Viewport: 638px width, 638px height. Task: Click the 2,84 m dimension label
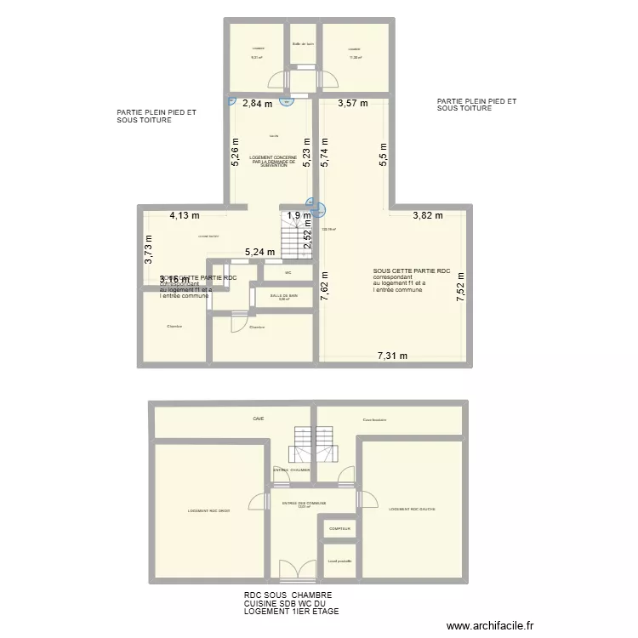point(257,105)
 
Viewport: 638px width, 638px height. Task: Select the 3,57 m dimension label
point(352,105)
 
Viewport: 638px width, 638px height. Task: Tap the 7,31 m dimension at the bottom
point(392,356)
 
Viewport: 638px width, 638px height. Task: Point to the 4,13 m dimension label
point(183,216)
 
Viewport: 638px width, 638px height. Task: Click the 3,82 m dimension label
point(428,216)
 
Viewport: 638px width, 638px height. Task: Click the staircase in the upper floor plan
point(296,235)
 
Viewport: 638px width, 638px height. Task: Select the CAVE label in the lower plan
point(258,419)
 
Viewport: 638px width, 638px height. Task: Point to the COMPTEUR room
point(339,528)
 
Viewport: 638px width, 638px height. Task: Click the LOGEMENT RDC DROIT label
point(208,511)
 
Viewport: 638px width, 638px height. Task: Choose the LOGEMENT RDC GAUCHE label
point(412,510)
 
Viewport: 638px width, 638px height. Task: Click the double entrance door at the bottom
point(292,572)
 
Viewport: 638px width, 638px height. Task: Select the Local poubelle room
point(339,561)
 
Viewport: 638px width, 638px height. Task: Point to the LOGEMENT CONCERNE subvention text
point(273,162)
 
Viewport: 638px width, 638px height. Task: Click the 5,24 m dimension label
point(259,253)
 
